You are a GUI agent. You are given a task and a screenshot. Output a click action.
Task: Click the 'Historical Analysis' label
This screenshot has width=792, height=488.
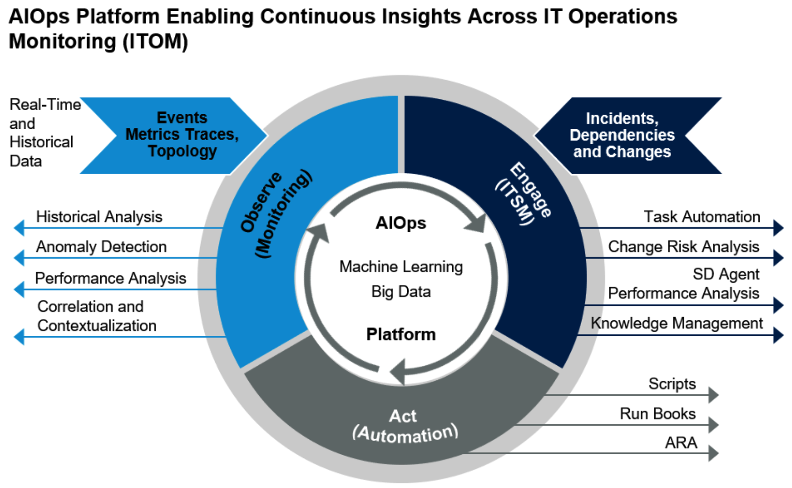pyautogui.click(x=99, y=217)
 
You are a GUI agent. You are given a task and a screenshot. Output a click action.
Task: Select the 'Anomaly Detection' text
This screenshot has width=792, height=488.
pyautogui.click(x=101, y=247)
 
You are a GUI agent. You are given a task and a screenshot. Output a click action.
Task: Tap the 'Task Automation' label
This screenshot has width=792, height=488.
pyautogui.click(x=702, y=217)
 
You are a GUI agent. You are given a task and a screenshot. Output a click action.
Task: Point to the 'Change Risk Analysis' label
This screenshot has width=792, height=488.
pyautogui.click(x=683, y=247)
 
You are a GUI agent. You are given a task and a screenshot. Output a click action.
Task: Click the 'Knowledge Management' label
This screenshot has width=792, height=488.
pyautogui.click(x=676, y=323)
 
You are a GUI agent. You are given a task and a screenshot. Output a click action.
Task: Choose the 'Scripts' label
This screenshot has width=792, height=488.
pyautogui.click(x=672, y=384)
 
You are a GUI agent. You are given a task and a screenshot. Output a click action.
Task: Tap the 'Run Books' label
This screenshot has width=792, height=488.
pyautogui.click(x=658, y=414)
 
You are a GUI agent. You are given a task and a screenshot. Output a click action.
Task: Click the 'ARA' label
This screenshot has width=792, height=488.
pyautogui.click(x=680, y=443)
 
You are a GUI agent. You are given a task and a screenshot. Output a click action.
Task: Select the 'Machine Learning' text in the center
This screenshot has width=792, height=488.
pyautogui.click(x=401, y=267)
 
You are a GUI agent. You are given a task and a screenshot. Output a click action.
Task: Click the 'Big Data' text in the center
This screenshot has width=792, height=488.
pyautogui.click(x=401, y=292)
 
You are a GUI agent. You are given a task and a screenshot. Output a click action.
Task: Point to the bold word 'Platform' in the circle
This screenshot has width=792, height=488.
pyautogui.click(x=401, y=334)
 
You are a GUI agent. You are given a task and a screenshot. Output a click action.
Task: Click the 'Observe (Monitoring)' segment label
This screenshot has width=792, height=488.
pyautogui.click(x=275, y=214)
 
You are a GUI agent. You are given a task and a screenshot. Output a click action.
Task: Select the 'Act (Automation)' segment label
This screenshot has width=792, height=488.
pyautogui.click(x=404, y=426)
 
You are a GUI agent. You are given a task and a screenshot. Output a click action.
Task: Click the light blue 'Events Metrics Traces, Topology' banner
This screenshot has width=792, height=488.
pyautogui.click(x=182, y=134)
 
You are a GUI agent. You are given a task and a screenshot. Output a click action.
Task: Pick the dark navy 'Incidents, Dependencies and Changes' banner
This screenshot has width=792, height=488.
pyautogui.click(x=622, y=135)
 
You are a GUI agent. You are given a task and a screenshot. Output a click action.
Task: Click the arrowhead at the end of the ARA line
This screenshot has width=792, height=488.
pyautogui.click(x=713, y=453)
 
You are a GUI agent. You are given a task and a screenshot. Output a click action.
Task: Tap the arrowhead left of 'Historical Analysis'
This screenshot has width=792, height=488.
pyautogui.click(x=19, y=228)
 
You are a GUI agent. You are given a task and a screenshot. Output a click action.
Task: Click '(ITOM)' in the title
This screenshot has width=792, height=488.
pyautogui.click(x=155, y=42)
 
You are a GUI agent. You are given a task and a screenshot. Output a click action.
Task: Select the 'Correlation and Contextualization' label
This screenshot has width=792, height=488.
pyautogui.click(x=96, y=316)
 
